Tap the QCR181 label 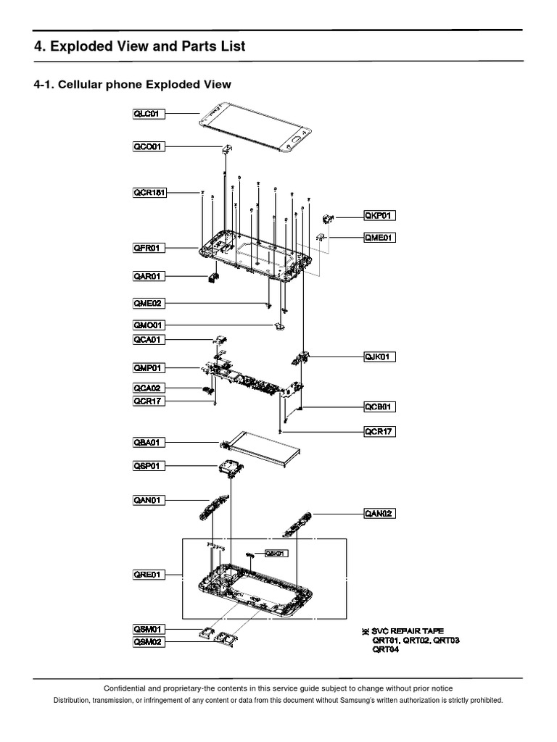coord(150,193)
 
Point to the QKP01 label coord(380,215)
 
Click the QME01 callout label coord(380,237)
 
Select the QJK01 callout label coord(380,356)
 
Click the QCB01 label coord(380,407)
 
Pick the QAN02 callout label coord(380,514)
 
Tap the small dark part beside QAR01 coord(213,276)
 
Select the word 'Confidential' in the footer coord(127,688)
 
